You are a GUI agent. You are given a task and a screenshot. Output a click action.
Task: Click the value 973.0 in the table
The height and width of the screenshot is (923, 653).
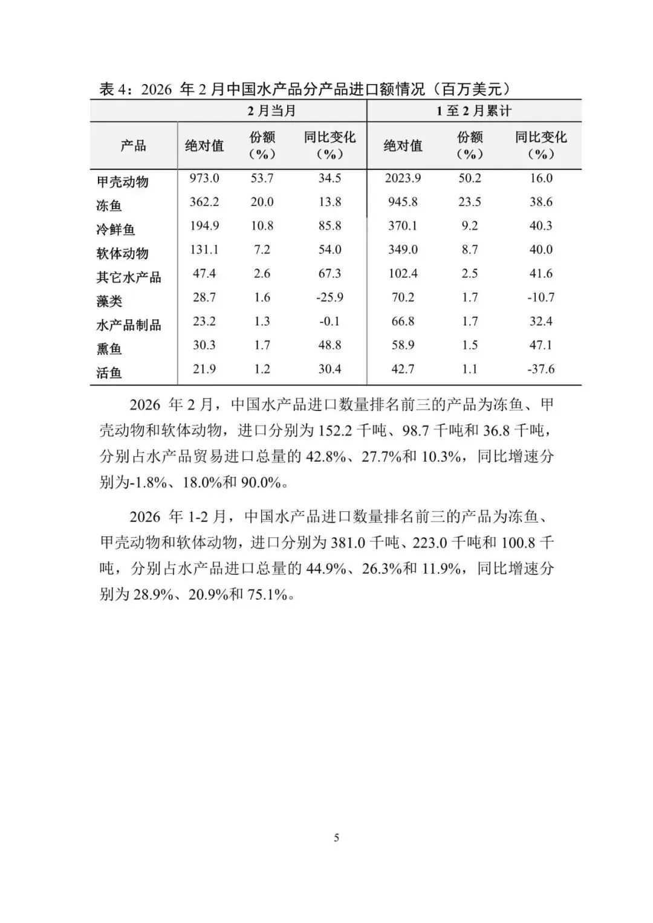[x=204, y=178]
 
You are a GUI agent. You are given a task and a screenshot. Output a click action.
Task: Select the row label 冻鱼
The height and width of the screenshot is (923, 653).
[x=109, y=206]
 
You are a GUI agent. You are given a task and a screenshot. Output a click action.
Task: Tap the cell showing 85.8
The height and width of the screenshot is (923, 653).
[x=330, y=226]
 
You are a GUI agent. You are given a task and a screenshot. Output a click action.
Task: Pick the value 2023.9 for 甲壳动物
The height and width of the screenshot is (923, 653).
[x=403, y=178]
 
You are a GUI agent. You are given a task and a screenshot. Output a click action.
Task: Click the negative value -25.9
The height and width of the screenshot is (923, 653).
[x=330, y=297]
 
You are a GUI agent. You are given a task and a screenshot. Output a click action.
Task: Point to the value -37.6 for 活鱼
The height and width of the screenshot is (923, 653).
[x=541, y=369]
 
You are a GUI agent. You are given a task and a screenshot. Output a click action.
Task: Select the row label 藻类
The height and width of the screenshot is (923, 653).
[x=109, y=301]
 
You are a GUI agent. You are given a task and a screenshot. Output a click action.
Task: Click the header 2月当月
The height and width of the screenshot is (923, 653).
[x=271, y=111]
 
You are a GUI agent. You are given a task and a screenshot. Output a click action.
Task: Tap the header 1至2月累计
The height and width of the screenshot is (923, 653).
[x=474, y=111]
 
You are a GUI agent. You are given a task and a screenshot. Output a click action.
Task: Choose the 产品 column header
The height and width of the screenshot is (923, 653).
[x=133, y=146]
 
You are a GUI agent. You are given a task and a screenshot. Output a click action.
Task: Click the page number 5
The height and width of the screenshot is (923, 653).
[x=337, y=838]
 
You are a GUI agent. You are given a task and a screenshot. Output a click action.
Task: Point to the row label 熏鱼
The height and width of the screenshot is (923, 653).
[x=109, y=349]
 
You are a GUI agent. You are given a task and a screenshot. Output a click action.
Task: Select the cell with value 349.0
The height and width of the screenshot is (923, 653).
[x=403, y=250]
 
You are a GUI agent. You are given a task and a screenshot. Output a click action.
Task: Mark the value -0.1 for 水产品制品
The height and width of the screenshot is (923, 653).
[x=330, y=322]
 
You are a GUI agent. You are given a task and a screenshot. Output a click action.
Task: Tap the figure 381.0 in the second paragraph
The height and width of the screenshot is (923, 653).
[x=348, y=543]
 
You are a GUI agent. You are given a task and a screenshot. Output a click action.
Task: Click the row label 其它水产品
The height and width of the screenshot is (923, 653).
[x=128, y=277]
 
